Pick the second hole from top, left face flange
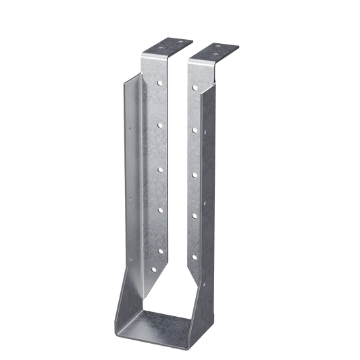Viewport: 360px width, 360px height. coord(159,124)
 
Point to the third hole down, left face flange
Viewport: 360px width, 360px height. coord(159,163)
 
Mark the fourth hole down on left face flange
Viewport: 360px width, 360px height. coord(160,211)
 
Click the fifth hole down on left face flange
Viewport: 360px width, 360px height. coord(160,249)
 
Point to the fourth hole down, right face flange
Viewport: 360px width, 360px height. coord(194,215)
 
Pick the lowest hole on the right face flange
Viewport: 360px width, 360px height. coord(194,257)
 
